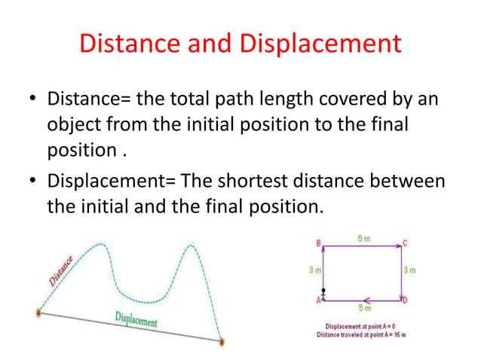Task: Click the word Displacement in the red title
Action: pos(320,44)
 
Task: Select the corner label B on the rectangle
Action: pos(319,243)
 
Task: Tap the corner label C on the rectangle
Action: pos(406,243)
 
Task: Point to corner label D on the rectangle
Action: pos(406,301)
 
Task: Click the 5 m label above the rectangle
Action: pos(363,238)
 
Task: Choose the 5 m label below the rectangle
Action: pos(363,307)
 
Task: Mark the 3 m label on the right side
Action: pos(410,270)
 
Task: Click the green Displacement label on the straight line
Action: pos(136,319)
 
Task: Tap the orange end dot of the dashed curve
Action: pos(222,341)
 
